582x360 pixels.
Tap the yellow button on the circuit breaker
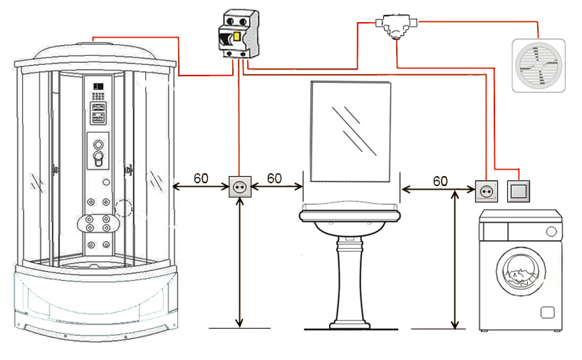tap(236, 37)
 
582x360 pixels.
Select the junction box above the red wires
tap(397, 26)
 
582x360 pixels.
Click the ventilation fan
tap(539, 66)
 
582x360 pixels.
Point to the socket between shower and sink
tap(239, 186)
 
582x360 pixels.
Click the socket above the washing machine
tap(486, 191)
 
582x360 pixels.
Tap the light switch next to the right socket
tap(518, 191)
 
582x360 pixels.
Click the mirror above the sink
tap(351, 132)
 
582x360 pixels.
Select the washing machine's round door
tap(522, 272)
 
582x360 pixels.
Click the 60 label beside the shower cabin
tap(201, 179)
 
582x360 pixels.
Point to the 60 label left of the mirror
tap(274, 179)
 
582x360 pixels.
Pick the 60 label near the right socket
tap(440, 181)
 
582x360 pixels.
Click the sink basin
tap(350, 219)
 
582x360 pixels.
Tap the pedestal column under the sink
tap(350, 283)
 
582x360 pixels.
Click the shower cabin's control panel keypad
tap(98, 96)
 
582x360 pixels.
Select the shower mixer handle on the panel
tap(98, 159)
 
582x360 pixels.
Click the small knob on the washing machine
tap(552, 232)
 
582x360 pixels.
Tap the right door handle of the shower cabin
tap(129, 170)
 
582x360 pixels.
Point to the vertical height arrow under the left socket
tap(239, 262)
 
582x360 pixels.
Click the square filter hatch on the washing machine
tap(547, 312)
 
